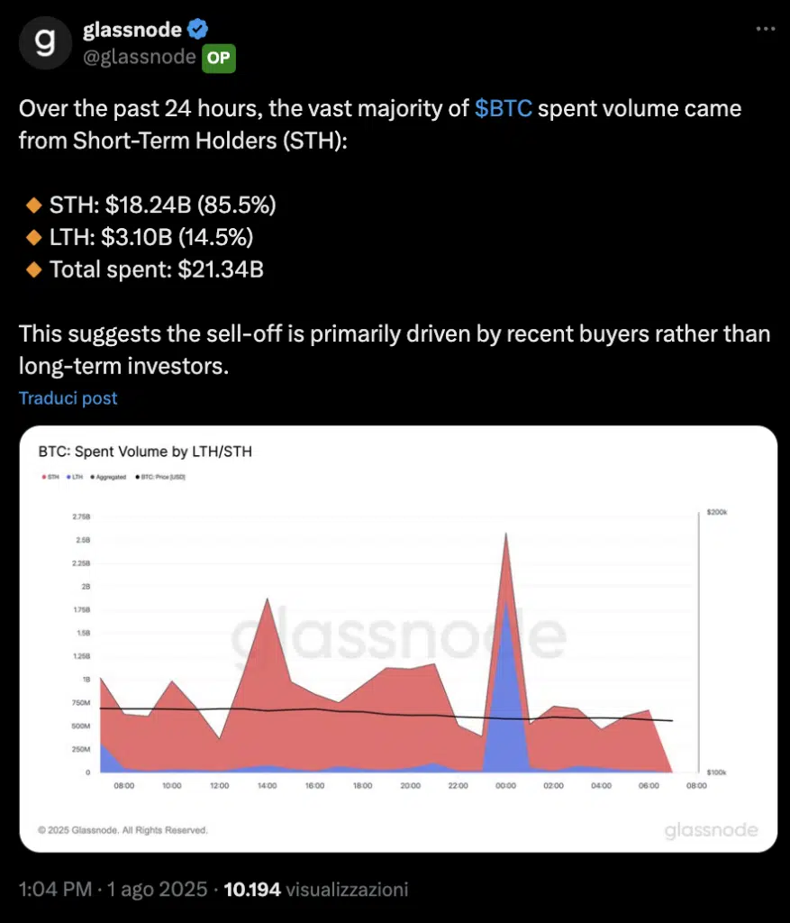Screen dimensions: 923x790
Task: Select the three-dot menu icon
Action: pyautogui.click(x=765, y=29)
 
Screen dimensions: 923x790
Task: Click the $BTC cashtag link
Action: pyautogui.click(x=504, y=109)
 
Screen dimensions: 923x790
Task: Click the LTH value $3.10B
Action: pyautogui.click(x=141, y=238)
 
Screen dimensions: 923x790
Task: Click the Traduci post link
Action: pyautogui.click(x=68, y=398)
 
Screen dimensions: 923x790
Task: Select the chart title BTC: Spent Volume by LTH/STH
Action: pyautogui.click(x=145, y=452)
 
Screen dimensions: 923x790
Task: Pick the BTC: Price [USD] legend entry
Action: pyautogui.click(x=162, y=477)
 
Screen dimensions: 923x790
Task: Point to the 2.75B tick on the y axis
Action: pyautogui.click(x=80, y=517)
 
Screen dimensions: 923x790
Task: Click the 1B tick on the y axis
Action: pyautogui.click(x=86, y=680)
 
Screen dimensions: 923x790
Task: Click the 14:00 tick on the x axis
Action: pyautogui.click(x=266, y=786)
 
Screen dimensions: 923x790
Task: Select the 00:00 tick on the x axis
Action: pyautogui.click(x=505, y=786)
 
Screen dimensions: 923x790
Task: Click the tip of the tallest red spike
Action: pyautogui.click(x=505, y=534)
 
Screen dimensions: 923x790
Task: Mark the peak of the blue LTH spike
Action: pyautogui.click(x=506, y=603)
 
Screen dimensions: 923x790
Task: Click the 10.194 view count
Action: pyautogui.click(x=251, y=890)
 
